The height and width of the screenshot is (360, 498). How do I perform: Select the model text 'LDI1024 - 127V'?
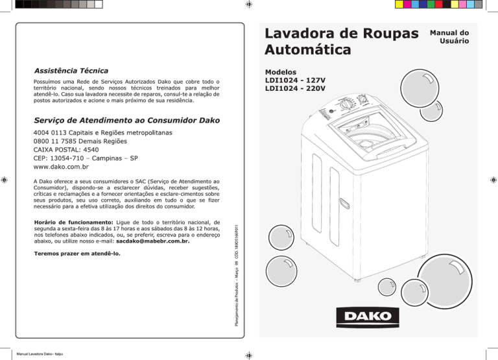[x=295, y=80]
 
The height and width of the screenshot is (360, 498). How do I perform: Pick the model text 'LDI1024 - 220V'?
[x=295, y=89]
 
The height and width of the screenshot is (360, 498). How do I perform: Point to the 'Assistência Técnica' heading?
[x=71, y=69]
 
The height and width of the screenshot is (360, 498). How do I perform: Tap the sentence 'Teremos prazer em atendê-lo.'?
[x=77, y=254]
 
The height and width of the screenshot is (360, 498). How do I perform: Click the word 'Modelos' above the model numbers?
[x=281, y=72]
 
